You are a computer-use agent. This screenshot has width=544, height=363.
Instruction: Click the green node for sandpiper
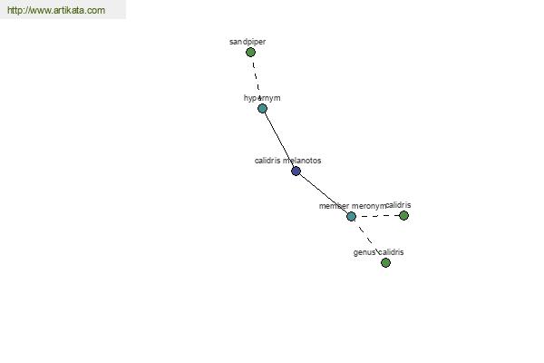pyautogui.click(x=250, y=53)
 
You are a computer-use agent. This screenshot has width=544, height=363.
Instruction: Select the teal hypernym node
pyautogui.click(x=263, y=109)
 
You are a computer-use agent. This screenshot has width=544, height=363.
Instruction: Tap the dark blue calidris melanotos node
pyautogui.click(x=296, y=171)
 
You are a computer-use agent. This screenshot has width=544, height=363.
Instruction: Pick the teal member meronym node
pyautogui.click(x=351, y=216)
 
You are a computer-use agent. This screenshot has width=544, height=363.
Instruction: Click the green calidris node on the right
pyautogui.click(x=403, y=216)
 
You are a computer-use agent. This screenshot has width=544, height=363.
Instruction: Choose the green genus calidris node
pyautogui.click(x=385, y=262)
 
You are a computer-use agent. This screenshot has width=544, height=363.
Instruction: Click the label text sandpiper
pyautogui.click(x=248, y=42)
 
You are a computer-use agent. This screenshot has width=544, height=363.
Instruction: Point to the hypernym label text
pyautogui.click(x=262, y=98)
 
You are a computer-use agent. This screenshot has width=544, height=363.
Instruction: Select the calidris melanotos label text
pyautogui.click(x=288, y=161)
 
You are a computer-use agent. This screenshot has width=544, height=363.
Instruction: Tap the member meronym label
pyautogui.click(x=352, y=206)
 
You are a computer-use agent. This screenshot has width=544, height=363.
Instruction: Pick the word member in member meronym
pyautogui.click(x=334, y=206)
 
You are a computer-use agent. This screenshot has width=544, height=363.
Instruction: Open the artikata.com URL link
pyautogui.click(x=56, y=10)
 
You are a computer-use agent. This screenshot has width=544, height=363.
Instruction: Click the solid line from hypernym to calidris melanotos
pyautogui.click(x=279, y=140)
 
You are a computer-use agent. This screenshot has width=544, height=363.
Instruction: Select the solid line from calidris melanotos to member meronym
pyautogui.click(x=324, y=193)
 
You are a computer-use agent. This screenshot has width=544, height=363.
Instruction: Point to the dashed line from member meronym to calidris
pyautogui.click(x=377, y=216)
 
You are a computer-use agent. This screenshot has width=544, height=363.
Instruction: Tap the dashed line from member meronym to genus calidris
pyautogui.click(x=365, y=234)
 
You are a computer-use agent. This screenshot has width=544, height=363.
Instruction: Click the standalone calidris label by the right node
pyautogui.click(x=398, y=205)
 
